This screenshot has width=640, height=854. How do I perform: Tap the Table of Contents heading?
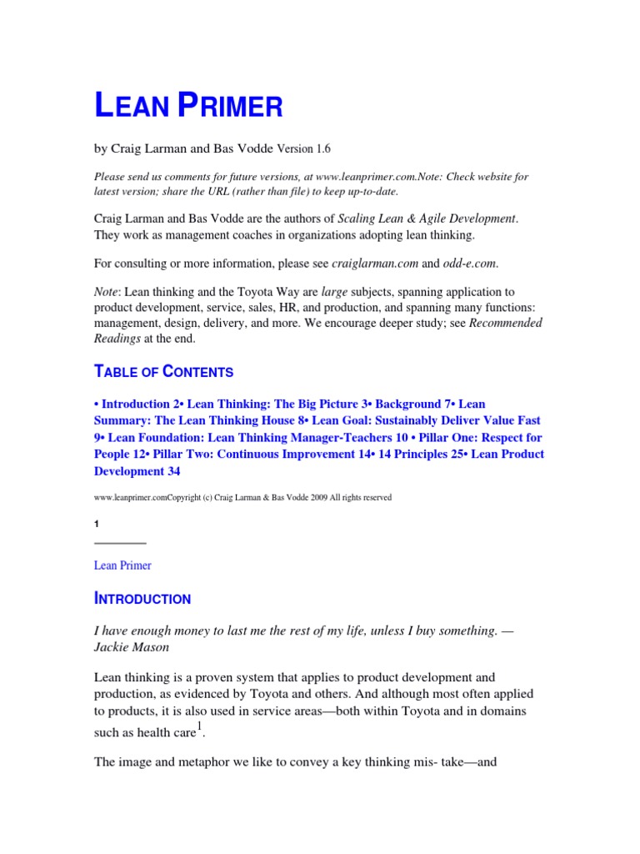tap(163, 372)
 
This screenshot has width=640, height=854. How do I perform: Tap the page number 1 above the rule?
tap(97, 524)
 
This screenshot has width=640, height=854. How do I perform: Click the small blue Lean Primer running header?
tap(122, 565)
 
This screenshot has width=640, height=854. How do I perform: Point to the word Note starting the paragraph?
tap(106, 293)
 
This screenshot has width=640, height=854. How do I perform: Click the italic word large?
tap(333, 293)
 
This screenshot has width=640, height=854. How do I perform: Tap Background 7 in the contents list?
tap(410, 404)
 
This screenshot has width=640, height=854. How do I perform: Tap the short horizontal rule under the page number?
tap(120, 543)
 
